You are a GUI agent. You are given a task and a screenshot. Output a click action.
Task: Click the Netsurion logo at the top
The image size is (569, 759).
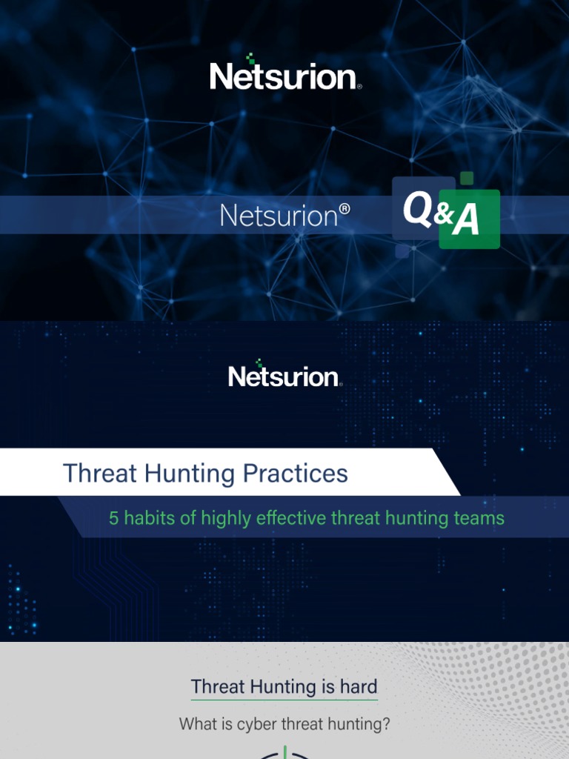pos(285,74)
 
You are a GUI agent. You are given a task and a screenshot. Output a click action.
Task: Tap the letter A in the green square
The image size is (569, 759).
pos(466,221)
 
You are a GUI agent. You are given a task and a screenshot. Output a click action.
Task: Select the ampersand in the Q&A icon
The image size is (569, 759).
pos(443,215)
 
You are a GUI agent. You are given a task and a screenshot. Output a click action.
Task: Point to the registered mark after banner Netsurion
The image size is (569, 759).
pos(344,210)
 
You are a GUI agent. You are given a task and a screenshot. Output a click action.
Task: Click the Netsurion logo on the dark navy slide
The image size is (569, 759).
pos(285,376)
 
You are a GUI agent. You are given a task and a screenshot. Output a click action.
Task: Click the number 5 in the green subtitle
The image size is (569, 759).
pos(114,518)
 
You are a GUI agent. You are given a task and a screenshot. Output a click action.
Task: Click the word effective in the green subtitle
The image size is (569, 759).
pos(292,518)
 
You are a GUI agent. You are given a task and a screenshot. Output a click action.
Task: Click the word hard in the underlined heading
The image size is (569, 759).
pos(359,687)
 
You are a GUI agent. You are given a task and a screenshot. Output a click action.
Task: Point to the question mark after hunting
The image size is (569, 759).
pos(386,724)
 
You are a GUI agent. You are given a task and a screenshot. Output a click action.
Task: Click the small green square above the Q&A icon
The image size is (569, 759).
pos(466,178)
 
